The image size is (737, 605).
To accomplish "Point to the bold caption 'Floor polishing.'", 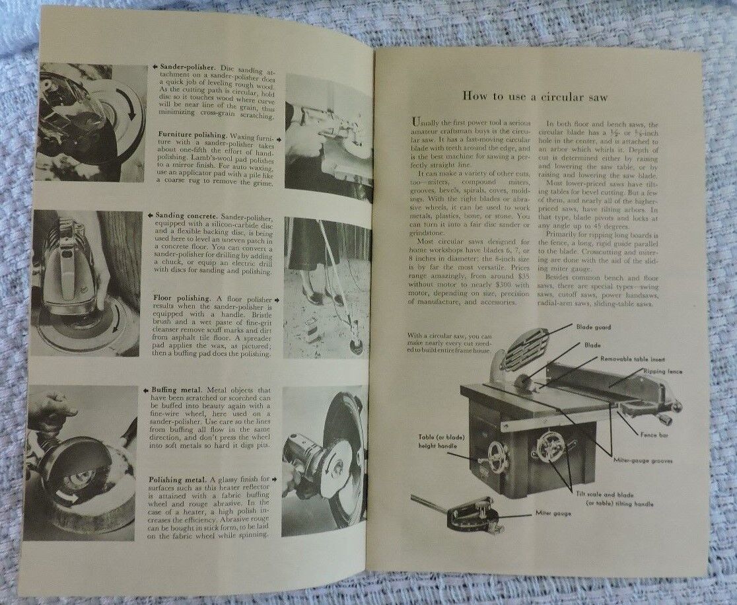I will (x=184, y=298).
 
